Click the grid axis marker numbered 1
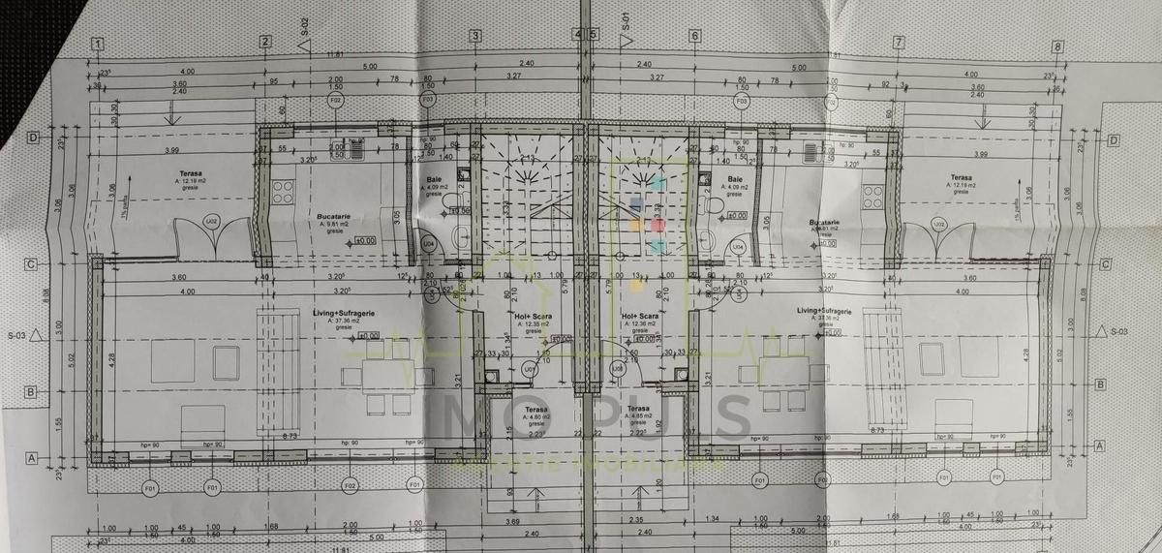coord(97,44)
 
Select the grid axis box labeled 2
coord(264,41)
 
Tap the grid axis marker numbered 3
coord(475,37)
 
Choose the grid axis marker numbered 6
coord(694,37)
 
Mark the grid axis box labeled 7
coord(900,42)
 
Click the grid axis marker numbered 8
coord(1057,46)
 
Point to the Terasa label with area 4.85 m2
coord(637,415)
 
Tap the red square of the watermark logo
coord(658,225)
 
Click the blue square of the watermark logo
coord(636,204)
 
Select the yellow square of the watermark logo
coord(636,225)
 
